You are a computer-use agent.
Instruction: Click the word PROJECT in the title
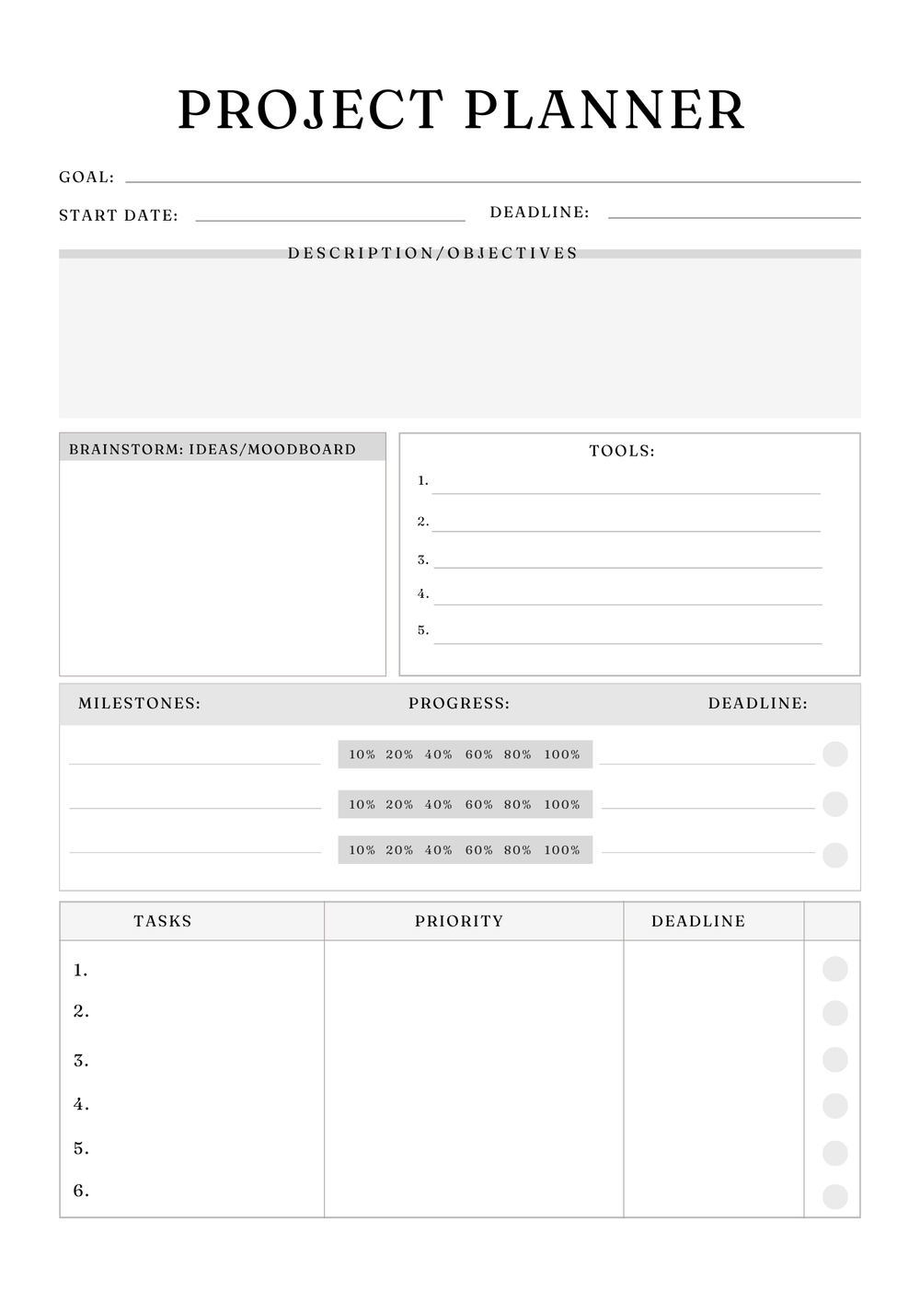[311, 110]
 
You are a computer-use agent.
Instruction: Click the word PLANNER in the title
[604, 110]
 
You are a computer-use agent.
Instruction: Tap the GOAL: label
[86, 178]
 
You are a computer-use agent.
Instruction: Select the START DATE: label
[119, 216]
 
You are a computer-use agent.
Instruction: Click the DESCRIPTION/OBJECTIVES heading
[432, 253]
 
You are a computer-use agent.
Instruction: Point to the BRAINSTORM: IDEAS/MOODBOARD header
[213, 450]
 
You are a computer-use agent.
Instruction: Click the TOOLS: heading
[622, 452]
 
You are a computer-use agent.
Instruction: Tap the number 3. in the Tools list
[423, 559]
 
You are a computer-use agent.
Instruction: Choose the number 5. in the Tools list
[423, 630]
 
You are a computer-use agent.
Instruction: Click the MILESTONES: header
[139, 704]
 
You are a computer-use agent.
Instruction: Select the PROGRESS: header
[459, 704]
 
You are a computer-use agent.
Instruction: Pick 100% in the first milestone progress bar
[562, 754]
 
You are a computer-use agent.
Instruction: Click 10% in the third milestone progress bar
[362, 850]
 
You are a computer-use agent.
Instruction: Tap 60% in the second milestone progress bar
[479, 804]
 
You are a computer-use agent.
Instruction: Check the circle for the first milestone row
[834, 754]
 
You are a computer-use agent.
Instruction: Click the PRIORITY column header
[459, 921]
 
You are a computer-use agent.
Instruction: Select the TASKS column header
[163, 921]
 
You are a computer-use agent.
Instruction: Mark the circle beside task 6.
[834, 1196]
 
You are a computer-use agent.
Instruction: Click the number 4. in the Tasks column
[81, 1104]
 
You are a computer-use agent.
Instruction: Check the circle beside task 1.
[834, 969]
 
